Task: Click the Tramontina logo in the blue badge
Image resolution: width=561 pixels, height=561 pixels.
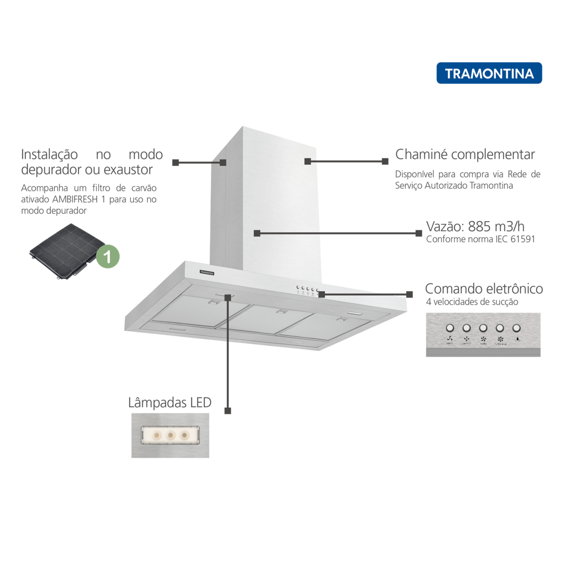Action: pyautogui.click(x=489, y=73)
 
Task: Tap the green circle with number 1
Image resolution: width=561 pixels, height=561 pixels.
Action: pyautogui.click(x=108, y=256)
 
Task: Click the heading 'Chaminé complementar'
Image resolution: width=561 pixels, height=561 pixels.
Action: pyautogui.click(x=465, y=154)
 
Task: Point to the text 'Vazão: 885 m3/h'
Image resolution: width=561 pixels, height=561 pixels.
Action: pyautogui.click(x=475, y=226)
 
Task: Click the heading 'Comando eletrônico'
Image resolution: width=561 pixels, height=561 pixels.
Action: pyautogui.click(x=483, y=288)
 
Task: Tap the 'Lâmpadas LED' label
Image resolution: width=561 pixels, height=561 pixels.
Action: pyautogui.click(x=170, y=403)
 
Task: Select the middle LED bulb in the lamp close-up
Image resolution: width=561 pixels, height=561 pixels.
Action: pyautogui.click(x=171, y=435)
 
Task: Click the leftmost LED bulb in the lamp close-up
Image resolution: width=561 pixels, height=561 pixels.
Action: pyautogui.click(x=157, y=435)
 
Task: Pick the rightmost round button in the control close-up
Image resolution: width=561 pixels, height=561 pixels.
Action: pyautogui.click(x=516, y=328)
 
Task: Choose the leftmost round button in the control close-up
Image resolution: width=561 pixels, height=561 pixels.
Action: pyautogui.click(x=450, y=328)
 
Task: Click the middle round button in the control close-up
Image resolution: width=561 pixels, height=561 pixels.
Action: pyautogui.click(x=483, y=328)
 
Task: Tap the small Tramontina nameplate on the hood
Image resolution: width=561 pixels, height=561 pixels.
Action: pyautogui.click(x=207, y=272)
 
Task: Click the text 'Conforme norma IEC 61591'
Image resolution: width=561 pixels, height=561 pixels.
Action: pyautogui.click(x=480, y=239)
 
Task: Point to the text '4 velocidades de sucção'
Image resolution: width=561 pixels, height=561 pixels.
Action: pyautogui.click(x=472, y=302)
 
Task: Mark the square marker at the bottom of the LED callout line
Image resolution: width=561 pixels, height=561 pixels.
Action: pyautogui.click(x=228, y=411)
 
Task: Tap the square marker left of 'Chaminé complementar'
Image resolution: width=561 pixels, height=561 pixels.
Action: pyautogui.click(x=385, y=161)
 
